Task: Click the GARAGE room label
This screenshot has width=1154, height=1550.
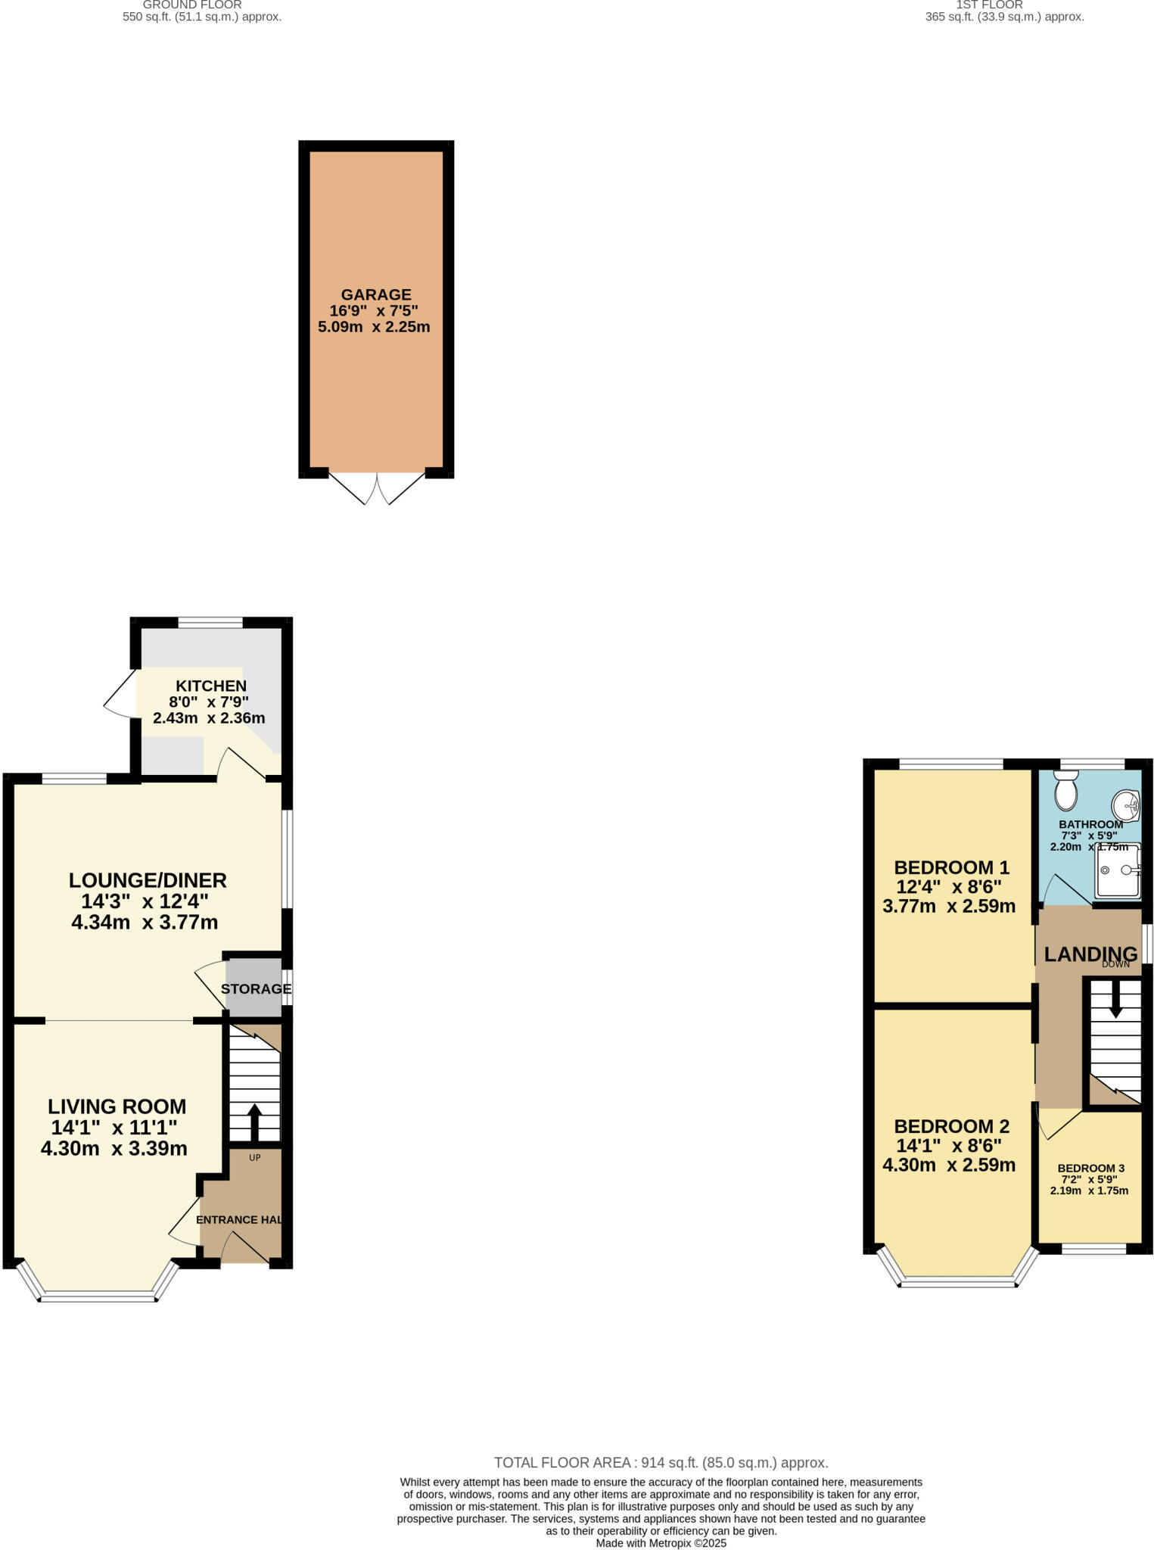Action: pos(375,294)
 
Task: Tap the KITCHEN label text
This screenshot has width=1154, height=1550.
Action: pos(211,686)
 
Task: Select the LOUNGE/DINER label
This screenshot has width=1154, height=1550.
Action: pos(148,880)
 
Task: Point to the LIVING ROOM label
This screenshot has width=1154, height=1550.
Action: pos(117,1106)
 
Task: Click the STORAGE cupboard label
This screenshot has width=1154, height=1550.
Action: pos(256,989)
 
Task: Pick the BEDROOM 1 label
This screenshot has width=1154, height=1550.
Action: pos(951,867)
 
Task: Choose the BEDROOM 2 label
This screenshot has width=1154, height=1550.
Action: pos(951,1126)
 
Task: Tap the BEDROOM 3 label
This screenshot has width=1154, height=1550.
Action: pos(1090,1168)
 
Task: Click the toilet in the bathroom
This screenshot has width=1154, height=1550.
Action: pos(1066,792)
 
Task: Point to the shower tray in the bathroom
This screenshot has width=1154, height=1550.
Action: pos(1118,870)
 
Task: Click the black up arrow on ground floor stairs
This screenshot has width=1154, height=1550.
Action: pos(254,1122)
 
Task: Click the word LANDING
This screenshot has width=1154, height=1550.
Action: pos(1090,954)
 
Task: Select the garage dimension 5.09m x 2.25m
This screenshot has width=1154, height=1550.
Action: pos(374,328)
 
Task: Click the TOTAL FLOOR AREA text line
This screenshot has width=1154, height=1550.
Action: pos(661,1463)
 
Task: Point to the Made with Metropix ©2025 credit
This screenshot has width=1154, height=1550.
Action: pos(661,1542)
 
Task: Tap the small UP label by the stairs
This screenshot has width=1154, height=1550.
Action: pos(255,1158)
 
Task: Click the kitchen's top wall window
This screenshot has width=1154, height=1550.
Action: pos(210,623)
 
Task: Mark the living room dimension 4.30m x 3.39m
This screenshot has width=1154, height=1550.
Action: pos(114,1148)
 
